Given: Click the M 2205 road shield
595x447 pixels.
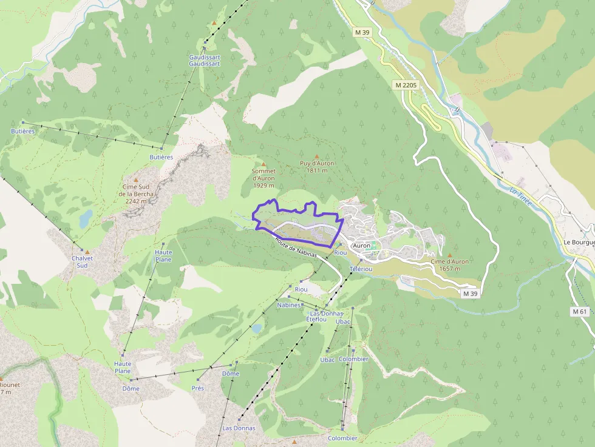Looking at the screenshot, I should pyautogui.click(x=406, y=86).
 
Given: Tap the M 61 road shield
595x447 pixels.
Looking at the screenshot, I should pyautogui.click(x=580, y=311).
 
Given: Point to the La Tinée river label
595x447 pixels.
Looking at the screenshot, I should pyautogui.click(x=520, y=198).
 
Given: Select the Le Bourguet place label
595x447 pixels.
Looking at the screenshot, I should pyautogui.click(x=579, y=242).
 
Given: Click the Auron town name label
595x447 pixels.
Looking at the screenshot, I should pyautogui.click(x=361, y=246).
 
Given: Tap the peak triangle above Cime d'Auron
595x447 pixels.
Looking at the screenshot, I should pyautogui.click(x=450, y=255).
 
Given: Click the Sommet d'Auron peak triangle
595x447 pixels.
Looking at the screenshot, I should pyautogui.click(x=263, y=164).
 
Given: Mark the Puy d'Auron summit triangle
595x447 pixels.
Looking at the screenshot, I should pyautogui.click(x=317, y=156).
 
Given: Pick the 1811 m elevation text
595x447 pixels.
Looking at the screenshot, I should pyautogui.click(x=317, y=170).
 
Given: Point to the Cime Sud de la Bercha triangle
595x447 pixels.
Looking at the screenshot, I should pyautogui.click(x=136, y=180).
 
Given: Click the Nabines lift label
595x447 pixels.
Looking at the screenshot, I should pyautogui.click(x=288, y=305).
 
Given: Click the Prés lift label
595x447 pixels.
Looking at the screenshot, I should pyautogui.click(x=197, y=388).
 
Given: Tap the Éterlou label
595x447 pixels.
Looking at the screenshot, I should pyautogui.click(x=316, y=319).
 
